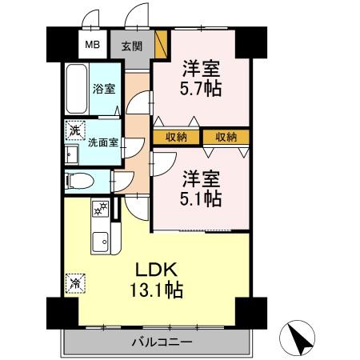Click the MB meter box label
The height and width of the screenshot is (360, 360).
pyautogui.click(x=92, y=46)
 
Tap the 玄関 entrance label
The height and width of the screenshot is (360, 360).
pyautogui.click(x=131, y=46)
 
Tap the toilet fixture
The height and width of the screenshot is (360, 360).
pyautogui.click(x=80, y=180)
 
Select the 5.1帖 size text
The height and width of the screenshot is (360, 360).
pyautogui.click(x=200, y=198)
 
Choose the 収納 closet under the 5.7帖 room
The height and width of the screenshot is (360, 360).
pyautogui.click(x=176, y=137)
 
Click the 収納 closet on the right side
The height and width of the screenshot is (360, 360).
pyautogui.click(x=226, y=137)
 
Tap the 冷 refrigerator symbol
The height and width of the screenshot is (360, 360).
pyautogui.click(x=74, y=281)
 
